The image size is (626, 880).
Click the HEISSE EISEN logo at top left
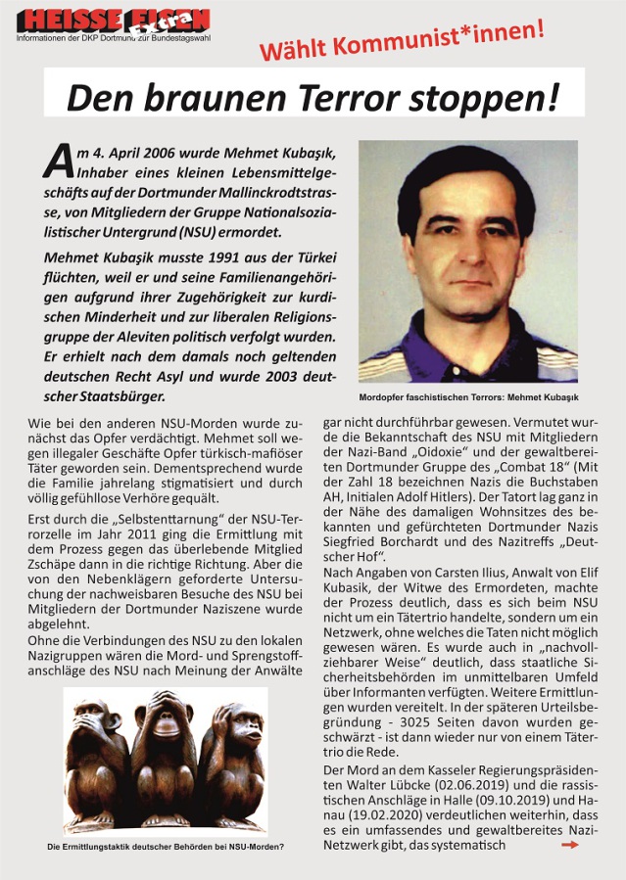click(x=113, y=21)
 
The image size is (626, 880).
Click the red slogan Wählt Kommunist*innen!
click(x=402, y=42)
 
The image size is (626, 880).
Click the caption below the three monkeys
click(x=166, y=847)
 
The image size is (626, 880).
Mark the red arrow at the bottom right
click(x=571, y=844)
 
